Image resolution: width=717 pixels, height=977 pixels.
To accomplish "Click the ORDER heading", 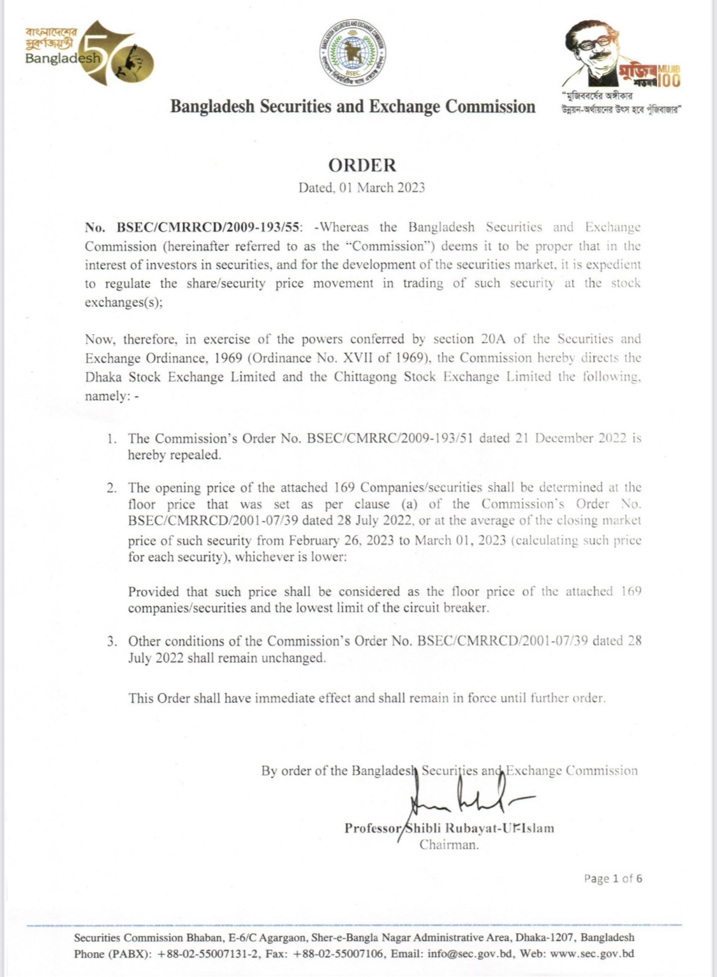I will pyautogui.click(x=362, y=165).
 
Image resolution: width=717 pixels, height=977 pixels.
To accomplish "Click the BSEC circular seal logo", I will pyautogui.click(x=353, y=51).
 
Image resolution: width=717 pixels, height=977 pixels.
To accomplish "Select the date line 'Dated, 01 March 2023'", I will pyautogui.click(x=362, y=187).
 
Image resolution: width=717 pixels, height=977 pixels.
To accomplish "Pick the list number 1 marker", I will pyautogui.click(x=112, y=439).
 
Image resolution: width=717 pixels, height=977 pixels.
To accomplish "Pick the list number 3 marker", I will pyautogui.click(x=112, y=642).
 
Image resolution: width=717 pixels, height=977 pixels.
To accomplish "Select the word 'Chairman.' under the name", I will pyautogui.click(x=449, y=845).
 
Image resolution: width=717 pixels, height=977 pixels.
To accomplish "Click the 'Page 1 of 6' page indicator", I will pyautogui.click(x=612, y=879).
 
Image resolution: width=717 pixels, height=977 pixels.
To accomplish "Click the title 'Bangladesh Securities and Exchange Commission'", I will pyautogui.click(x=353, y=107).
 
